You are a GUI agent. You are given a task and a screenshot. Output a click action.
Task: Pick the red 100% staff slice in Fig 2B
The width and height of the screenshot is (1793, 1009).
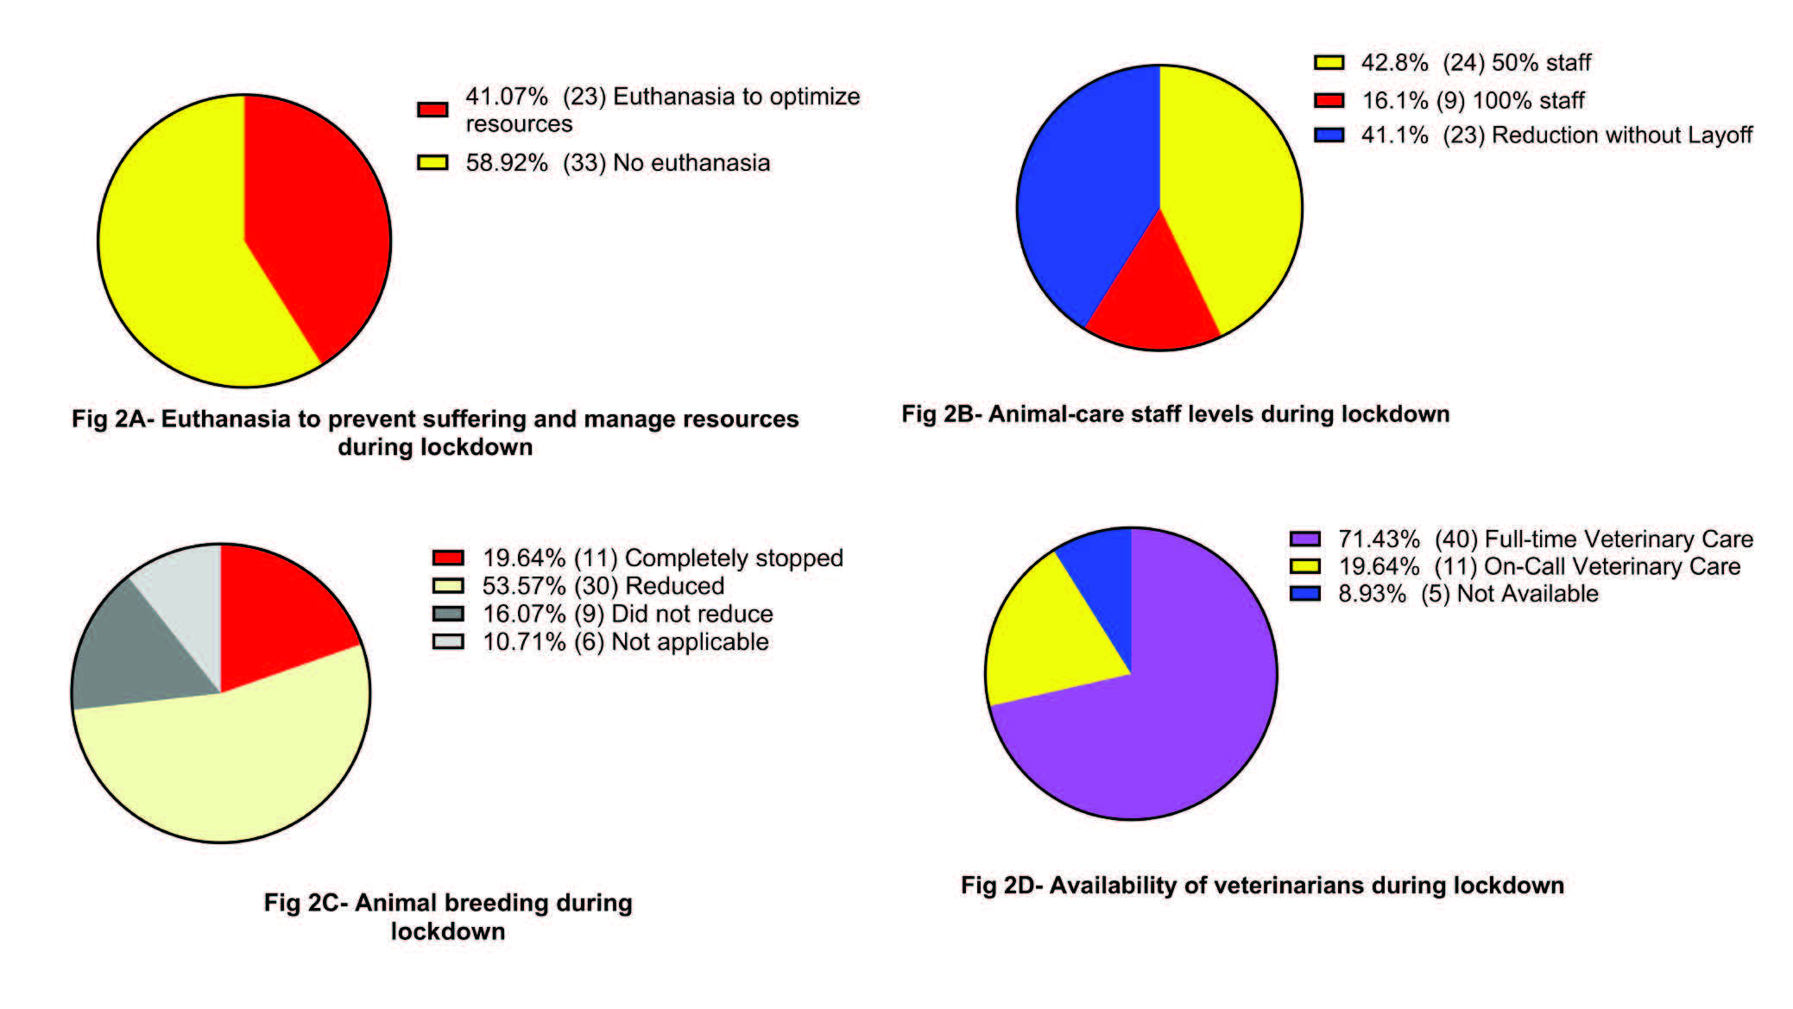pyautogui.click(x=1152, y=302)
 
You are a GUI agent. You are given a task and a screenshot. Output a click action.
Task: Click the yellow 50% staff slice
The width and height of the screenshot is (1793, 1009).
pyautogui.click(x=1234, y=190)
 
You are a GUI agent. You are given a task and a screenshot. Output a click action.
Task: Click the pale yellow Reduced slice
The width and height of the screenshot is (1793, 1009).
pyautogui.click(x=224, y=768)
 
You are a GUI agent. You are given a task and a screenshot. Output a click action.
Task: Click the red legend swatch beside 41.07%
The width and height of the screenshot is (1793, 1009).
pyautogui.click(x=432, y=110)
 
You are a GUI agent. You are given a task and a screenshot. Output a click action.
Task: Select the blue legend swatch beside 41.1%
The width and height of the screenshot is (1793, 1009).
pyautogui.click(x=1329, y=136)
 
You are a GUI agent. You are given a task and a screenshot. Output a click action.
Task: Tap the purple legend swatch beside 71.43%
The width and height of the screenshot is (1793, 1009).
pyautogui.click(x=1304, y=539)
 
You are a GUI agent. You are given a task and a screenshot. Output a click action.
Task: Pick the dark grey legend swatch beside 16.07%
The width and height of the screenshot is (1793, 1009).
pyautogui.click(x=448, y=614)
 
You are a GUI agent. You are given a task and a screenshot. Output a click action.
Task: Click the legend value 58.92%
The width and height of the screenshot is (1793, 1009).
pyautogui.click(x=507, y=163)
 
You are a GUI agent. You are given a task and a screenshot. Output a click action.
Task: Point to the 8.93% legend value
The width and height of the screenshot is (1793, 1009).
pyautogui.click(x=1372, y=594)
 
